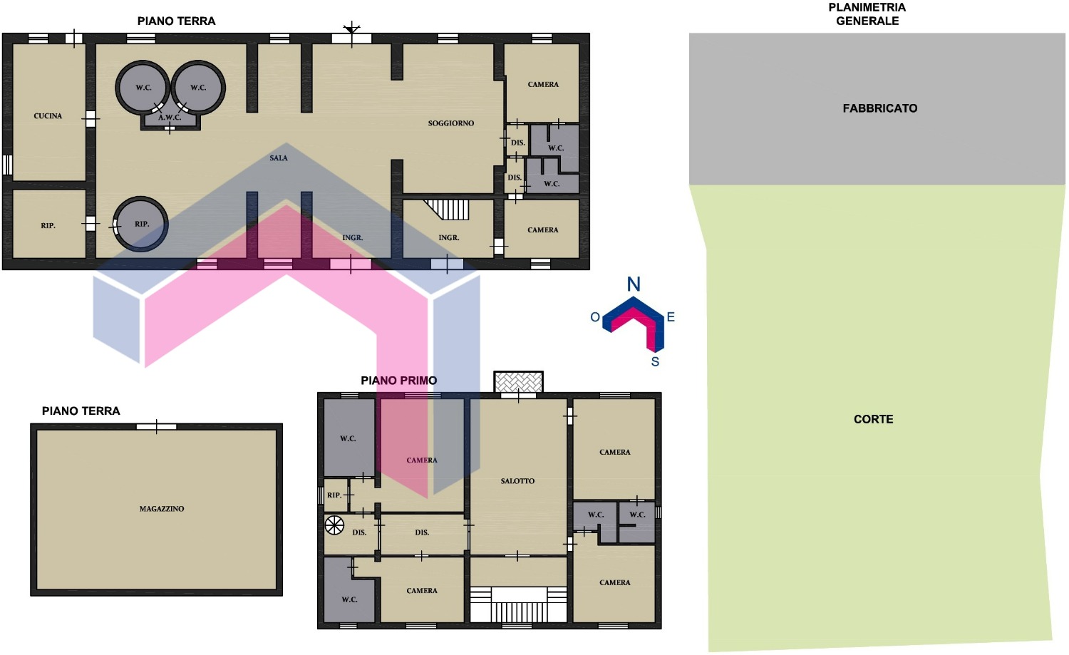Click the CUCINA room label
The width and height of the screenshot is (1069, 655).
click(48, 116)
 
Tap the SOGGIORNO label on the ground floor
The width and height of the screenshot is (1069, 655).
click(451, 123)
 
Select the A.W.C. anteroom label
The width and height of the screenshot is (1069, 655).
click(170, 118)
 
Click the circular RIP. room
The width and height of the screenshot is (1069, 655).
click(140, 224)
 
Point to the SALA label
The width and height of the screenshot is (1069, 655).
click(279, 158)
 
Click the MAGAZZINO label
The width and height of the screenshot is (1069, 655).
click(162, 509)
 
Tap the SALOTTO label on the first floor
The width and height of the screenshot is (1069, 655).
click(518, 481)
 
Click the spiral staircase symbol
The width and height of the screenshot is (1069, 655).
click(334, 525)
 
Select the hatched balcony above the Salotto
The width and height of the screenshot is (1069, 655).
click(518, 382)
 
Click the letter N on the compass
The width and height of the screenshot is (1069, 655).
click(634, 284)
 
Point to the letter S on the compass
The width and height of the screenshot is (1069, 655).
click(655, 362)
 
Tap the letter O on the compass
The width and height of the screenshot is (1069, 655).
click(595, 317)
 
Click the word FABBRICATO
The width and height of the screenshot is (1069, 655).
click(880, 108)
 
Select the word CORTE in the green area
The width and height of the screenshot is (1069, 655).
click(873, 419)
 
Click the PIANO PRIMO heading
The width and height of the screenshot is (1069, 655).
click(399, 381)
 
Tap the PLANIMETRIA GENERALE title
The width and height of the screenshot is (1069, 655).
click(867, 14)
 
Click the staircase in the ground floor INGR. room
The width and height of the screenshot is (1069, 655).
click(447, 210)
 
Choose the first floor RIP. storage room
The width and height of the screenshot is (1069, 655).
click(336, 495)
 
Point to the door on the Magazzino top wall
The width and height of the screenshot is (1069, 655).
click(157, 427)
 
